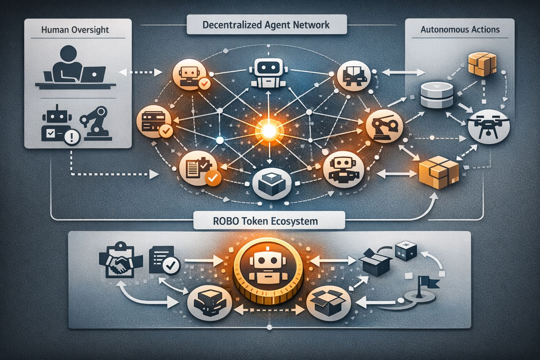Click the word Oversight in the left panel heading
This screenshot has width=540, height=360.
point(91,30)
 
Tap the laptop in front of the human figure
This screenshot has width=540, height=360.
point(93,74)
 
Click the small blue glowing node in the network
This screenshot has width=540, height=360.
point(220,140)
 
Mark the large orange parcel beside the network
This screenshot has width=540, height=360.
point(439,171)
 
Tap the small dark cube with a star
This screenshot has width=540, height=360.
point(406,251)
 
